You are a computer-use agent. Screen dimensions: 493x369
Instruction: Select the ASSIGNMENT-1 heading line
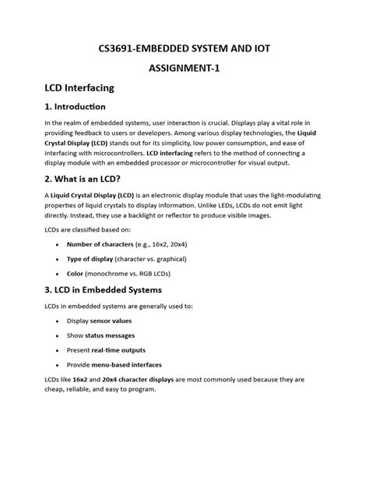tap(184, 69)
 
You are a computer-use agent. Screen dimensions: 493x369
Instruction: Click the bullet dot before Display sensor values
tap(58, 321)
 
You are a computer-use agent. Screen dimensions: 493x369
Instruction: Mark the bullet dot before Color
tap(58, 274)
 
